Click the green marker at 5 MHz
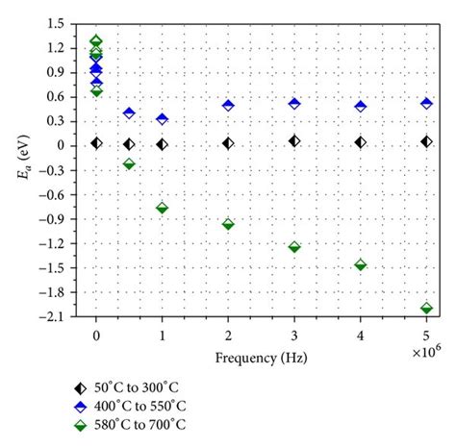426,308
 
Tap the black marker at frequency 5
426,142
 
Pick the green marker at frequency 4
361,264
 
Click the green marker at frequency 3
294,247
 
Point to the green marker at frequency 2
228,224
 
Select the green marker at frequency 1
162,208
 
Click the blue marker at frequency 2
228,106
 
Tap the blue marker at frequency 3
294,104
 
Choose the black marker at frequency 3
294,141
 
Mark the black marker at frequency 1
162,144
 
